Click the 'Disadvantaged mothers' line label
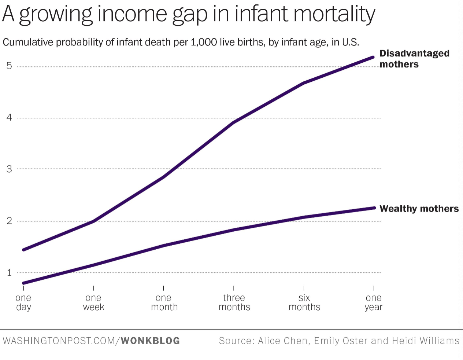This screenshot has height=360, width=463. (414, 59)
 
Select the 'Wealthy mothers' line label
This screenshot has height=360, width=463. (419, 209)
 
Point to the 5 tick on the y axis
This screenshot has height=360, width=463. (9, 66)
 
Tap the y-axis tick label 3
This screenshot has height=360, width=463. (9, 169)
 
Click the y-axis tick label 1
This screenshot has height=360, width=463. (9, 273)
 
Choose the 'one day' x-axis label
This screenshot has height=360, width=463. (23, 302)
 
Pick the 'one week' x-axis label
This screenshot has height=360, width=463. (93, 302)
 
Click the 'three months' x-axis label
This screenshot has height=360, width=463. (234, 302)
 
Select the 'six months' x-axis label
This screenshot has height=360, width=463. (304, 302)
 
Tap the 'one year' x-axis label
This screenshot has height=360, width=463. (373, 302)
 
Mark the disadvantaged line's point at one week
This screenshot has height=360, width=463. (94, 221)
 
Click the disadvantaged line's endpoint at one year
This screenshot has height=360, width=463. (373, 57)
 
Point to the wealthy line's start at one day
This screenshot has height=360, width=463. (24, 283)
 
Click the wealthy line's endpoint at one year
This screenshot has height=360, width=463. (374, 208)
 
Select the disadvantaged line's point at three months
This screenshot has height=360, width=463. (234, 122)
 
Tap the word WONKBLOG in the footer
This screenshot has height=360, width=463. (150, 341)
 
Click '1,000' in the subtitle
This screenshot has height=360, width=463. (204, 42)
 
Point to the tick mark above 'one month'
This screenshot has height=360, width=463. (163, 288)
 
